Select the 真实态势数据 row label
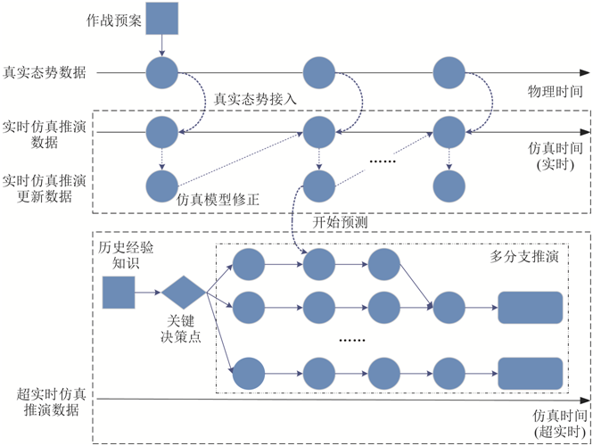pos(45,73)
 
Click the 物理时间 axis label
pos(556,91)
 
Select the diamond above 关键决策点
pos(182,292)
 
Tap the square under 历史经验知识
pos(119,292)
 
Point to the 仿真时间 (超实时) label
pos(560,423)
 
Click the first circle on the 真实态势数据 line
pos(161,73)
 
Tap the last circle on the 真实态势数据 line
pos(449,73)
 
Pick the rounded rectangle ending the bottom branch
pos(530,373)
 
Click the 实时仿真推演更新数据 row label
pos(45,188)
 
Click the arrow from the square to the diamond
pos(148,292)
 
